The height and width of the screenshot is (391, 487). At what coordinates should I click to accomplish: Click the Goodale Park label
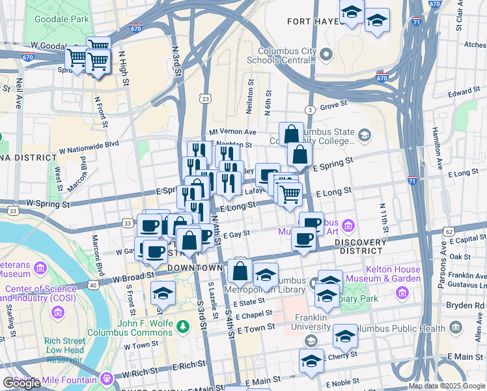[66, 19]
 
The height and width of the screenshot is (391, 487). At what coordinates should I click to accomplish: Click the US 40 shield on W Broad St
[94, 285]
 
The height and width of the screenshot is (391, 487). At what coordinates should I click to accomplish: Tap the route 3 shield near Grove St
[311, 110]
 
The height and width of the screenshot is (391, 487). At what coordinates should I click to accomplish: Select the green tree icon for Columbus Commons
[184, 325]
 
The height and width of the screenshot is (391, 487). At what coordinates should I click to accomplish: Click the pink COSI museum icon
[59, 314]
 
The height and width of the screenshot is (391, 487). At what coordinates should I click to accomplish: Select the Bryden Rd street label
[464, 305]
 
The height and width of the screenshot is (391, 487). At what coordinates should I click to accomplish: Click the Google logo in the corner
[21, 383]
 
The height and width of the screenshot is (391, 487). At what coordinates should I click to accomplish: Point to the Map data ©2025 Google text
[446, 386]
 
